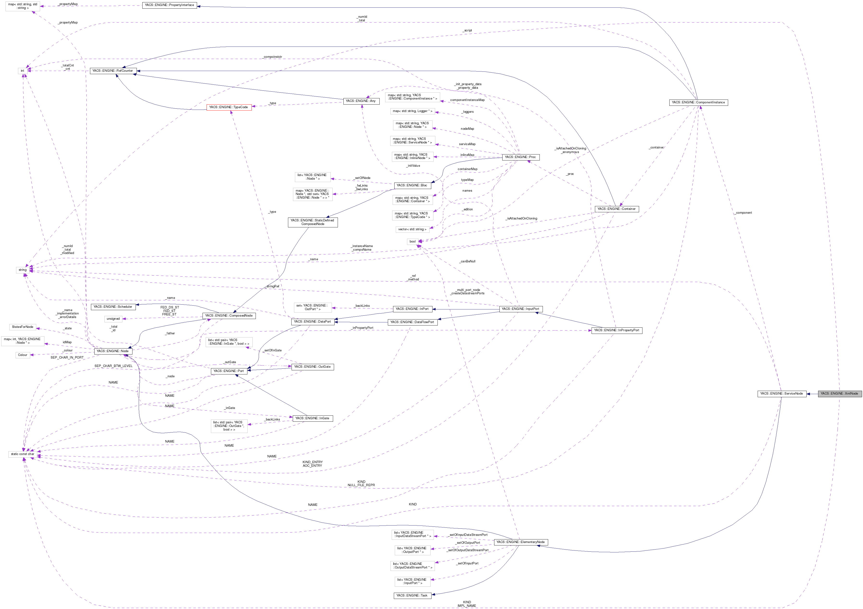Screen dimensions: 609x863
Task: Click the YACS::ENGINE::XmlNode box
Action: coord(839,393)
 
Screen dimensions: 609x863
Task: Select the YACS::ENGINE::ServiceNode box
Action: coord(781,393)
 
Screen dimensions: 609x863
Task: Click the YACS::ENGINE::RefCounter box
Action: coord(112,71)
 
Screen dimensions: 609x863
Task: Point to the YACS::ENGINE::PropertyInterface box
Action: coord(169,5)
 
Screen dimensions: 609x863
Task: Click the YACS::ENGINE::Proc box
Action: coord(520,157)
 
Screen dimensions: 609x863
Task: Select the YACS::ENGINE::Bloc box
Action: coord(412,185)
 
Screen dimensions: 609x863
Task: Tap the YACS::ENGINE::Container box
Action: coord(617,209)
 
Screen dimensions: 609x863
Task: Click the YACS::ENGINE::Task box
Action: coord(412,596)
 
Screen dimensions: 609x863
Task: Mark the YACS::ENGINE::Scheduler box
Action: coord(113,307)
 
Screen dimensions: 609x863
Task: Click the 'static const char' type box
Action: coord(23,454)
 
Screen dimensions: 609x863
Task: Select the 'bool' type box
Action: coord(412,242)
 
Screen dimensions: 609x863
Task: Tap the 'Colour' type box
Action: coord(23,355)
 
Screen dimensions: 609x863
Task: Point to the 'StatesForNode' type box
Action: coord(23,327)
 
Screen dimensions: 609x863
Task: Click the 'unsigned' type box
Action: coord(113,319)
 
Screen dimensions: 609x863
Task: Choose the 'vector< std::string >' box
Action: coord(412,229)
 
